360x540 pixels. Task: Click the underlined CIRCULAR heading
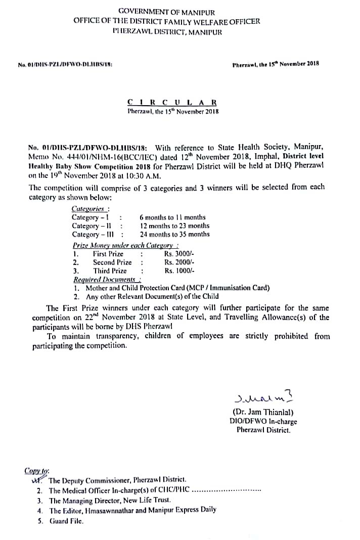(x=173, y=102)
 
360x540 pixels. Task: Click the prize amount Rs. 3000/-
(x=179, y=254)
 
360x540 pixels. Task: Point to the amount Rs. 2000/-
(x=179, y=262)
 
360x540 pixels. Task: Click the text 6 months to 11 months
(x=172, y=217)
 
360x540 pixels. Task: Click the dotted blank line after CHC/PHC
(x=228, y=490)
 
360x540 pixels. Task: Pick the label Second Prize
(x=112, y=262)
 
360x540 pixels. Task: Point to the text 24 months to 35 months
(x=174, y=235)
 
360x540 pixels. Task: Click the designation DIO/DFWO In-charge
(x=263, y=422)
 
